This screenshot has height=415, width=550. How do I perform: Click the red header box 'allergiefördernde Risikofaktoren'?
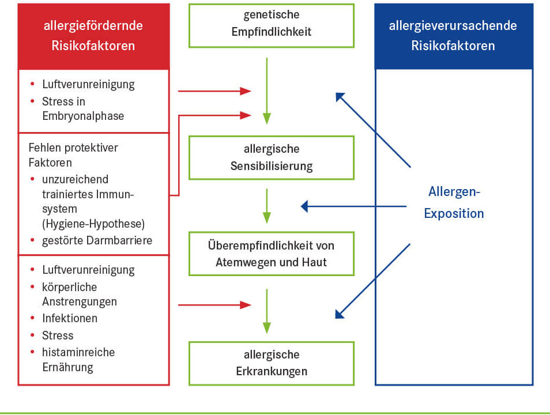[x=93, y=36]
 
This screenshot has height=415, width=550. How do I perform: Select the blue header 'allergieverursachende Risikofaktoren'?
[x=453, y=36]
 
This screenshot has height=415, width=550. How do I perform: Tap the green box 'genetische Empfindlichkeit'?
[x=271, y=24]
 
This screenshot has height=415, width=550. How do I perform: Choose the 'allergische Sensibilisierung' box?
[x=271, y=158]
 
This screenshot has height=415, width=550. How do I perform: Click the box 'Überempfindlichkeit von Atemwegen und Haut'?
[x=271, y=254]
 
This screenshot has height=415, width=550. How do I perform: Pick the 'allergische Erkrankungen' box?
[x=271, y=363]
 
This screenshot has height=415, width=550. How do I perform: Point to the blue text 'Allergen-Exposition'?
[x=454, y=202]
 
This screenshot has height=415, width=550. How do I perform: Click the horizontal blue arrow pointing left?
[x=355, y=206]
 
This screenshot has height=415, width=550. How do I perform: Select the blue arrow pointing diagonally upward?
[x=373, y=130]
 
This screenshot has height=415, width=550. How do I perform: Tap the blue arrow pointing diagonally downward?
[x=373, y=281]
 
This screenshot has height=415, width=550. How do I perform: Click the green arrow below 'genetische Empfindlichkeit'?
[x=266, y=89]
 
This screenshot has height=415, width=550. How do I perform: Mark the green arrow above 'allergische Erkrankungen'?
[x=266, y=311]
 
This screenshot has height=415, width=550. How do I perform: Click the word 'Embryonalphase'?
[x=83, y=116]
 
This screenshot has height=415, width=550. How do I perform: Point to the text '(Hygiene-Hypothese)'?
[x=93, y=224]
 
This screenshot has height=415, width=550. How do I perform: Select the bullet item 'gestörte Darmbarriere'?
[x=97, y=240]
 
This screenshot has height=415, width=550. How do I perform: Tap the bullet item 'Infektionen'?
[x=70, y=318]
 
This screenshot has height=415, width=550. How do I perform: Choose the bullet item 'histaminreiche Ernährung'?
[x=78, y=359]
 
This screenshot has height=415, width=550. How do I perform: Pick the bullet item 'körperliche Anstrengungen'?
[x=79, y=294]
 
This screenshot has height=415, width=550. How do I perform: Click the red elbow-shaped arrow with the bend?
[x=179, y=156]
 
